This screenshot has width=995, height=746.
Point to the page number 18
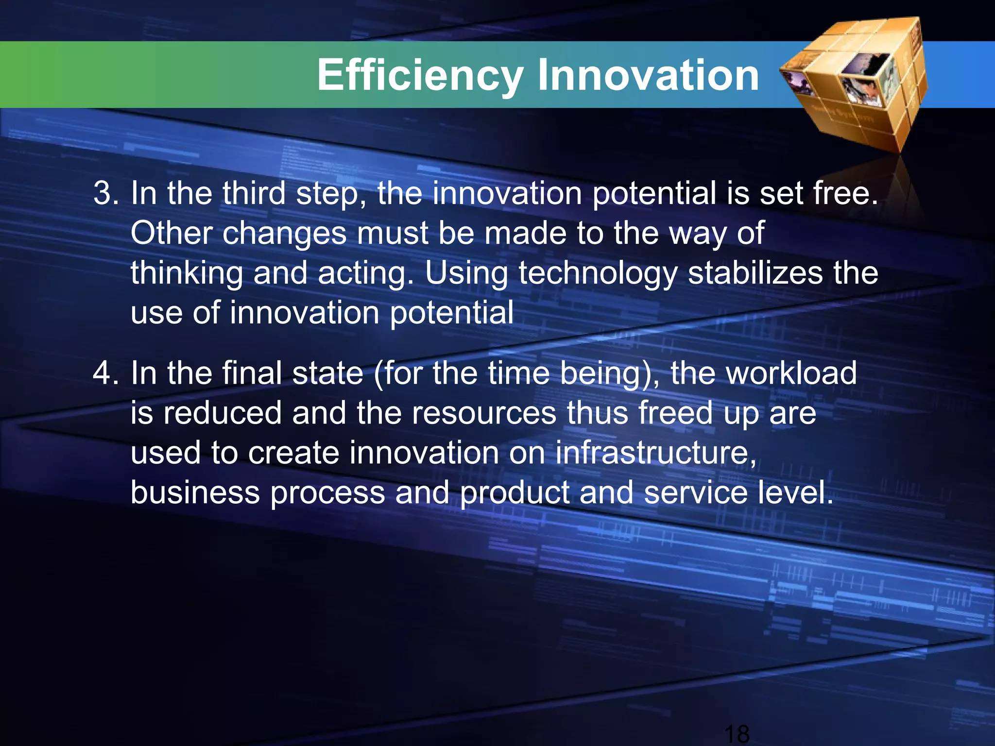tap(737, 733)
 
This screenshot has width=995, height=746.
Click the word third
tap(254, 193)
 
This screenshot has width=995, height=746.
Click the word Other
tap(171, 233)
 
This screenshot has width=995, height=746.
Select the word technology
tap(598, 273)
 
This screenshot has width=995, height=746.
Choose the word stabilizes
tap(755, 273)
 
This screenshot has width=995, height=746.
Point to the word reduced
tap(222, 413)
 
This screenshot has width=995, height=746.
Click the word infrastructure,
tap(655, 453)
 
